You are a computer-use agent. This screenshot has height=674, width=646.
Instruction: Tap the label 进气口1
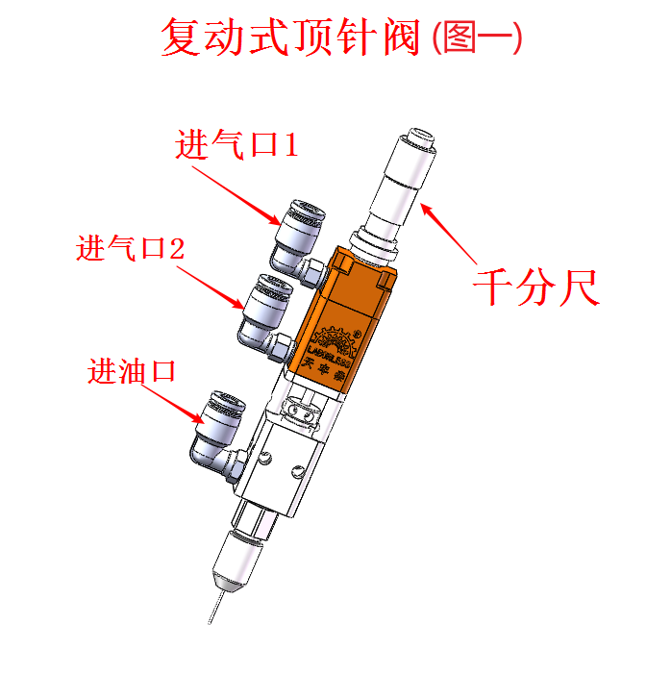(236, 145)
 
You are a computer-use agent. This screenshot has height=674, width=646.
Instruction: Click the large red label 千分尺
(537, 287)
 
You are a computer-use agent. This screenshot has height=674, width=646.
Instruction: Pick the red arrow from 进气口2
(211, 287)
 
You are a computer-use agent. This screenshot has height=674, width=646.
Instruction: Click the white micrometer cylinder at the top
(403, 178)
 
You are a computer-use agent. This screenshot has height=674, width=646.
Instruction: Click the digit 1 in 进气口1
(289, 145)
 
